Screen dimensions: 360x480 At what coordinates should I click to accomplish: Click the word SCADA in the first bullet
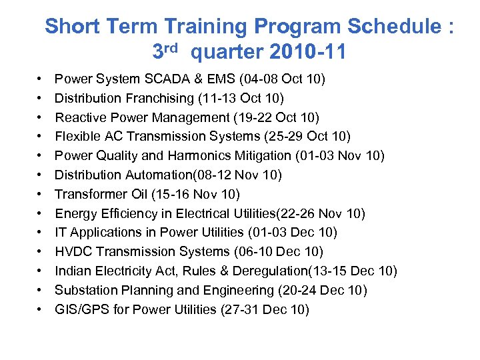click(x=173, y=79)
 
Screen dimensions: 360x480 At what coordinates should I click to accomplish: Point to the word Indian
click(x=72, y=271)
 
